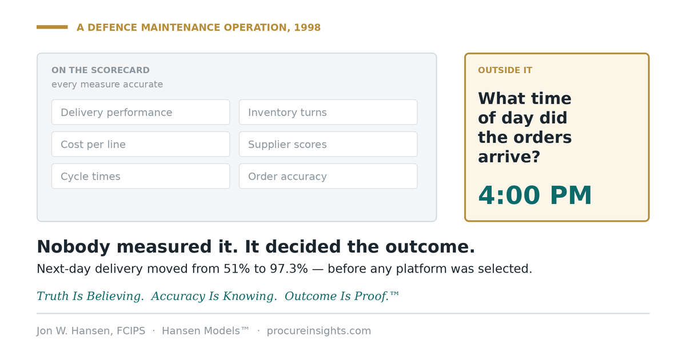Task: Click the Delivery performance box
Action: click(x=141, y=112)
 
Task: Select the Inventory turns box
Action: click(x=328, y=112)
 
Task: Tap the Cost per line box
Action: click(x=141, y=144)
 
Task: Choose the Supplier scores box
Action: click(x=328, y=144)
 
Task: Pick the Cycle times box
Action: click(x=141, y=176)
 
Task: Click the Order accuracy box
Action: click(x=328, y=176)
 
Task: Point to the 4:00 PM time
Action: click(x=535, y=195)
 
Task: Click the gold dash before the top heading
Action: click(x=52, y=27)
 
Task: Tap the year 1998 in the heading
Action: click(x=307, y=27)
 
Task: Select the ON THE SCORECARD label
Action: click(x=101, y=70)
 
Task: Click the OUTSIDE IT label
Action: click(x=505, y=70)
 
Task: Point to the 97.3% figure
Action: click(x=289, y=269)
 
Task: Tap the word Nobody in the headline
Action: click(x=73, y=247)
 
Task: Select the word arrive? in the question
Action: click(x=509, y=157)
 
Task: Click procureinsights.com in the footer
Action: click(x=318, y=331)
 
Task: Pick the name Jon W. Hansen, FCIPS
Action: click(x=91, y=331)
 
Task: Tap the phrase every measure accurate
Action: click(x=107, y=84)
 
